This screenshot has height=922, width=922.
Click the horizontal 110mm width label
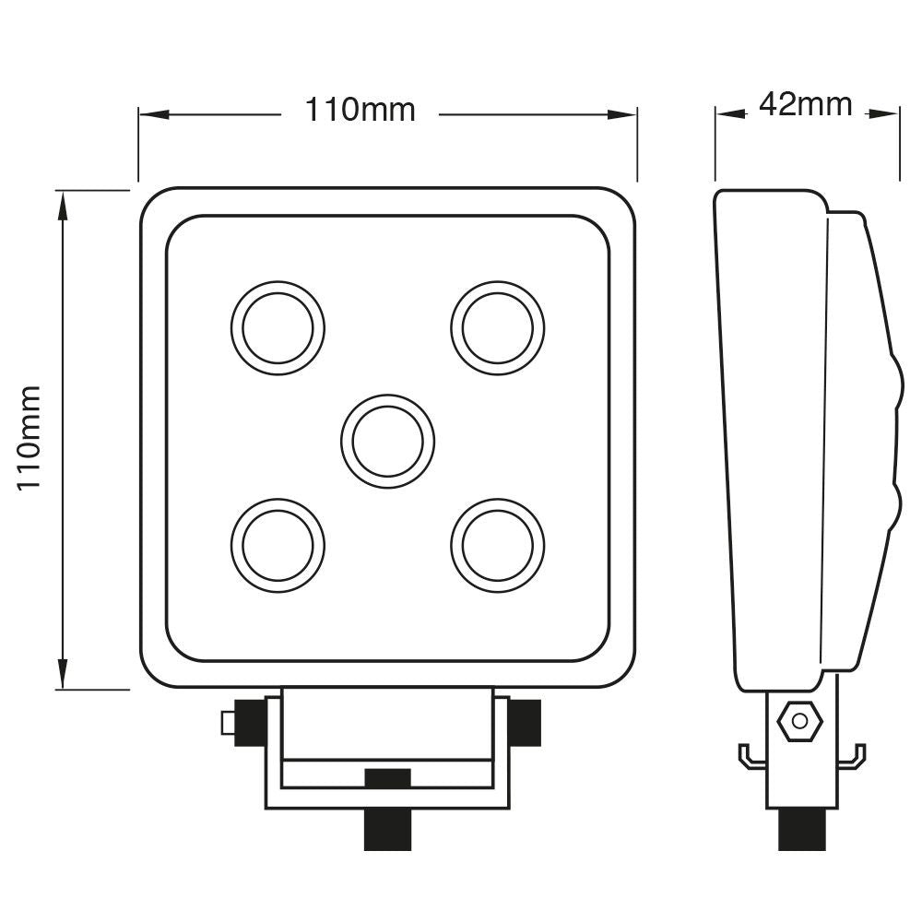(361, 111)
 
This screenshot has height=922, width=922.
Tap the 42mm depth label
(805, 105)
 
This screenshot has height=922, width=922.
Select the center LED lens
(387, 442)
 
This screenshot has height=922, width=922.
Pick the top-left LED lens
(278, 328)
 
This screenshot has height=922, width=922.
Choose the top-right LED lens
(498, 328)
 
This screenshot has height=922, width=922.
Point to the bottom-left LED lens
(278, 545)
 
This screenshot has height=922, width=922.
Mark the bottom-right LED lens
(498, 545)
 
